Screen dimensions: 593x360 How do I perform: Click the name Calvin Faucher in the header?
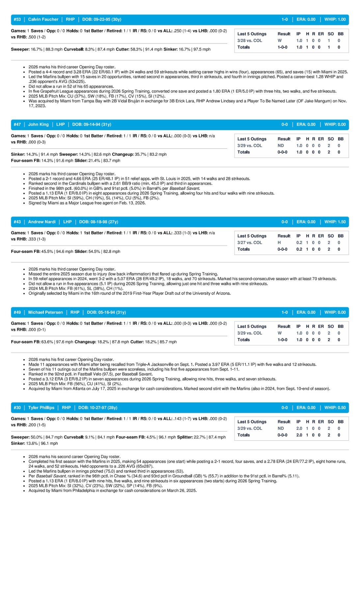click(43, 19)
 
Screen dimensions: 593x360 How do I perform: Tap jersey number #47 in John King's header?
click(17, 125)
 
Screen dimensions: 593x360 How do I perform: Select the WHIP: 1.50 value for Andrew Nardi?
click(335, 222)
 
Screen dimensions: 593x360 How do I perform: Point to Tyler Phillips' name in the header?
click(41, 408)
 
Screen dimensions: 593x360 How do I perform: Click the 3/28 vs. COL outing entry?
click(250, 41)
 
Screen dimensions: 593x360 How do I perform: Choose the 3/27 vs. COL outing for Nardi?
click(250, 242)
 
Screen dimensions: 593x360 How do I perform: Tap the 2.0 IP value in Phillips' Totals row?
click(299, 435)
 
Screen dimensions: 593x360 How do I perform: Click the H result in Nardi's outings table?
click(279, 242)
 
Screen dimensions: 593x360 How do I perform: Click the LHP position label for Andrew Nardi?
click(68, 222)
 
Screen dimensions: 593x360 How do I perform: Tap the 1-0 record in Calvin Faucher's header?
click(285, 19)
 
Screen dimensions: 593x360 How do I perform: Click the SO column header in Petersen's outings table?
click(331, 326)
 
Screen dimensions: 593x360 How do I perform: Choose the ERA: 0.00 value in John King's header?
click(306, 125)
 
